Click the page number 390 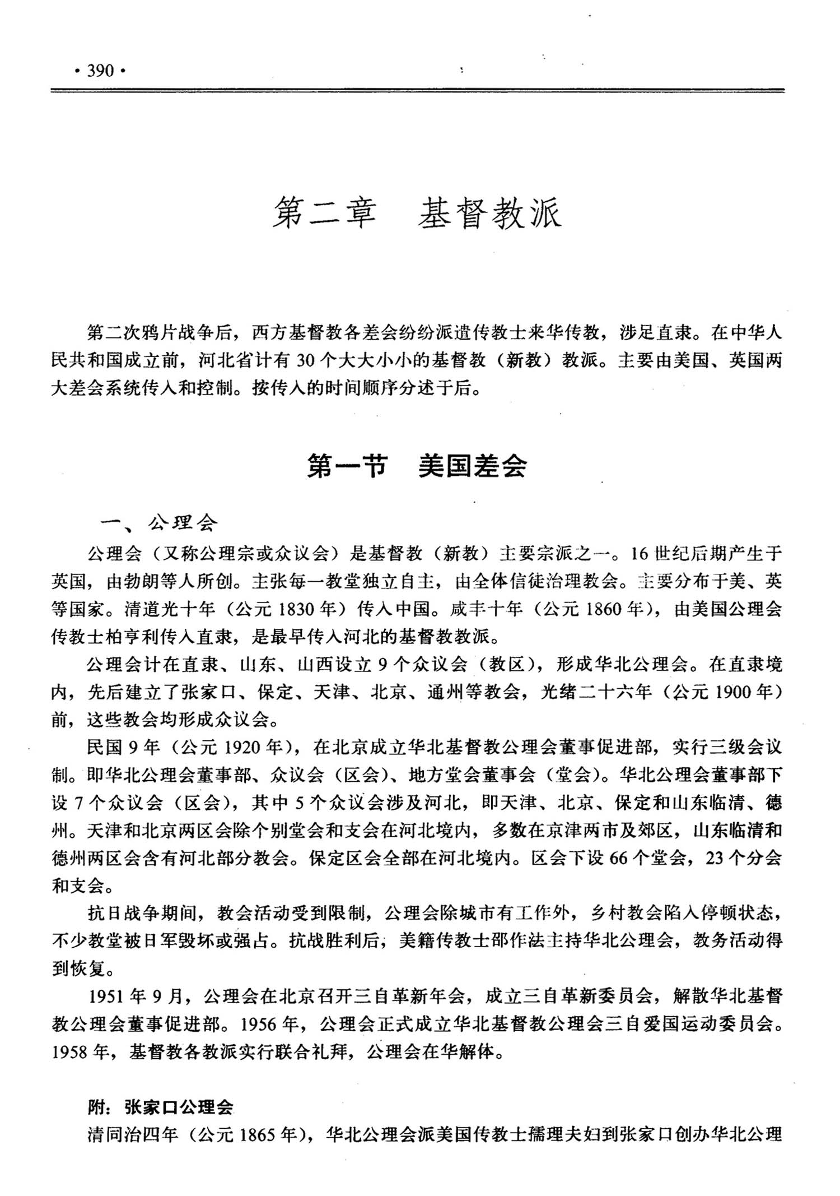100,71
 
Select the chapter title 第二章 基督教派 417,213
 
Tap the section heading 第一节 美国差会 417,466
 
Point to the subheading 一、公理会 158,523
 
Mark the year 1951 107,996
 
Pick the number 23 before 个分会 716,858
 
